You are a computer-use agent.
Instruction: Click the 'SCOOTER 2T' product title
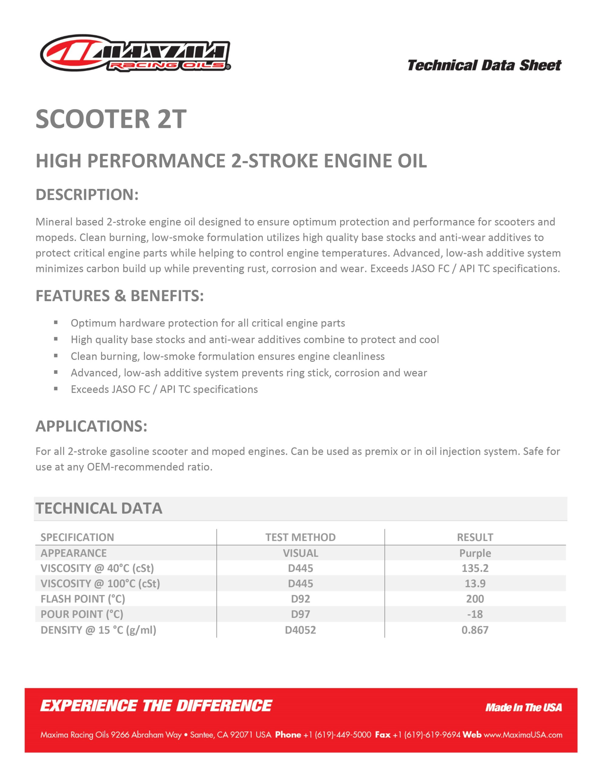[111, 119]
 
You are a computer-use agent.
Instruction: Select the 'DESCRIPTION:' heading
[87, 194]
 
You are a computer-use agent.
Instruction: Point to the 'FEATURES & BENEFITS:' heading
[120, 296]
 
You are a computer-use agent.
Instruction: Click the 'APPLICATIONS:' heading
[91, 426]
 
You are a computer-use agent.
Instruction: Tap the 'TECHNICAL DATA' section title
[99, 508]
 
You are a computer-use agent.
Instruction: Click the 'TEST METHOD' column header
[300, 537]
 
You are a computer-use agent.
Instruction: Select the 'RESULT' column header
[475, 537]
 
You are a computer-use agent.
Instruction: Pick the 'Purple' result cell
[475, 553]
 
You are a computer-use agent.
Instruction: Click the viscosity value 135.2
[475, 568]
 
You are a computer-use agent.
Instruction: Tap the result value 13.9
[475, 583]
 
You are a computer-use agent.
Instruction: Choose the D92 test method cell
[300, 599]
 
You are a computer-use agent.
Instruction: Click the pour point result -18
[475, 614]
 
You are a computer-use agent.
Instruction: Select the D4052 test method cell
[300, 630]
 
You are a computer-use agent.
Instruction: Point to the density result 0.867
[475, 630]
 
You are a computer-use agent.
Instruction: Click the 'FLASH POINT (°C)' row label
[83, 599]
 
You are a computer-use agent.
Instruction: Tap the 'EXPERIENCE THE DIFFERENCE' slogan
[156, 706]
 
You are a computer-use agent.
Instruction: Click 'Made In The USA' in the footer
[523, 707]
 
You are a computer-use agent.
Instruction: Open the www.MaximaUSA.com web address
[523, 735]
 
